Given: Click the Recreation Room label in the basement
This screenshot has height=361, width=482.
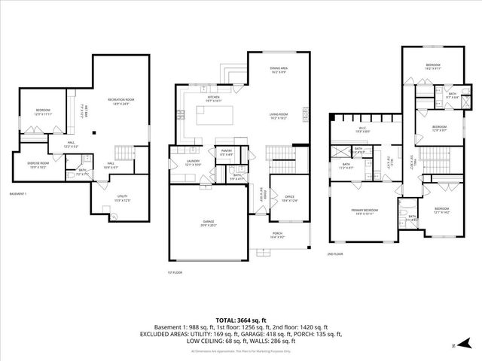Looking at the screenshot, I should [120, 102].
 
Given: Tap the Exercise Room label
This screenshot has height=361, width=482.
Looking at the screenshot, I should [38, 165].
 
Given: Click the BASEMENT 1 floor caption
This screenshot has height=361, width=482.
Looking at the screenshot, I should [18, 194].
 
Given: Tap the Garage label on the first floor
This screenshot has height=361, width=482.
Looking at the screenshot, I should [208, 223].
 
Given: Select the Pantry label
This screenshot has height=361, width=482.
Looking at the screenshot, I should [225, 153].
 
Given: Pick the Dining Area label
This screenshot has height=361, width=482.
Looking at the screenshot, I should [279, 71].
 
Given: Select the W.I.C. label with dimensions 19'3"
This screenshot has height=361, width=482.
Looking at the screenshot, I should [362, 130].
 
